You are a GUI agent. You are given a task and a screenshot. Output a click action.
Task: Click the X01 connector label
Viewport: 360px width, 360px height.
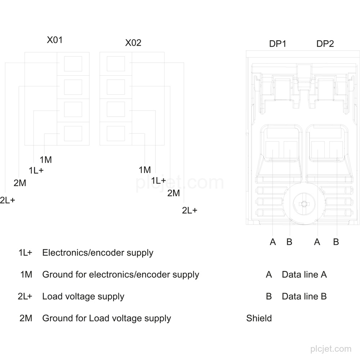click(x=55, y=40)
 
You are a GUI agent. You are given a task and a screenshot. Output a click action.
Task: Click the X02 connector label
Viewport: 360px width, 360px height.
click(x=133, y=43)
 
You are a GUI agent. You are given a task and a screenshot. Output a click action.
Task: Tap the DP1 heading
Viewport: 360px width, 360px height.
click(x=278, y=44)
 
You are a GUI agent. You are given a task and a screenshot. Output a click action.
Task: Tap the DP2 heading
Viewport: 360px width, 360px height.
click(x=325, y=44)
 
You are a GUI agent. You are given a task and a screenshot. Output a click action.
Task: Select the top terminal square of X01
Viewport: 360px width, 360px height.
click(x=73, y=64)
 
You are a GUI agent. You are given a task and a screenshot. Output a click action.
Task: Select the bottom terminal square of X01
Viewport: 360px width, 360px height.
click(x=73, y=134)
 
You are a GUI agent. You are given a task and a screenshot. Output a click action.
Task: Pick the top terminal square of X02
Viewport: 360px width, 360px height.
click(x=116, y=64)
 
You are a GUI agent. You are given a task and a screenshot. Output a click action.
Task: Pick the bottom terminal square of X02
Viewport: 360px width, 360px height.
click(x=116, y=134)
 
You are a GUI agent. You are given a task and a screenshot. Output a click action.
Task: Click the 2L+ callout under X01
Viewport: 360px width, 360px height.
click(x=8, y=200)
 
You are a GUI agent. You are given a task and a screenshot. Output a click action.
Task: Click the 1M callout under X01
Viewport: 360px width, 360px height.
click(x=46, y=159)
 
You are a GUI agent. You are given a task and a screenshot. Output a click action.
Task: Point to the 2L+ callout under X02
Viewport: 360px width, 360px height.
click(x=190, y=210)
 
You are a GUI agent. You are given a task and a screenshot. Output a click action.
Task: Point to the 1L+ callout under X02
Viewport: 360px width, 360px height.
click(x=158, y=180)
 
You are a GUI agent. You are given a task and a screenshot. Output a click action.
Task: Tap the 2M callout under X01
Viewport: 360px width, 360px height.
click(x=20, y=183)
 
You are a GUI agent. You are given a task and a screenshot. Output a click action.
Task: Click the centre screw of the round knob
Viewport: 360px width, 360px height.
click(x=304, y=204)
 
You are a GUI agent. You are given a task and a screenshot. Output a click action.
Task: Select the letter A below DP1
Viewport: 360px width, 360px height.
click(x=273, y=242)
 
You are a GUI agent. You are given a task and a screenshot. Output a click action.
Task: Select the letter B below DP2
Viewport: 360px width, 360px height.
click(x=336, y=242)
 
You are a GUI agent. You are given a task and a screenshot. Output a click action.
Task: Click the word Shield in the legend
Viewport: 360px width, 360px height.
click(x=259, y=318)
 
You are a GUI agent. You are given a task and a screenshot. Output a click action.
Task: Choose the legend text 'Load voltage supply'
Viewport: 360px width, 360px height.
click(x=84, y=296)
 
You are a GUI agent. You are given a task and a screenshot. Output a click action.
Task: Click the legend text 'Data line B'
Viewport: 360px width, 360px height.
click(x=304, y=296)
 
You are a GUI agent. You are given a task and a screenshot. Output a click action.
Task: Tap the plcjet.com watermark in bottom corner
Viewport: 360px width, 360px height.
click(x=331, y=349)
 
